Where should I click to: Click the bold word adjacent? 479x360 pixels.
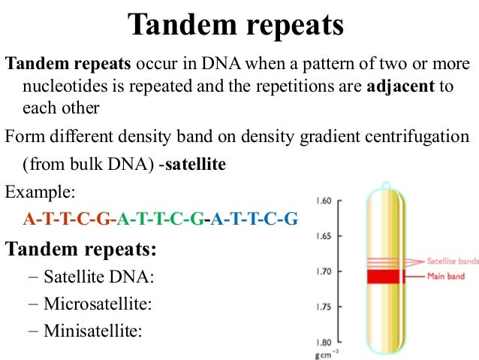[401, 86]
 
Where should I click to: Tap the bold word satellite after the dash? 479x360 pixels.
[195, 164]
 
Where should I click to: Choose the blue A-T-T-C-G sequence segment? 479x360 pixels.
[255, 219]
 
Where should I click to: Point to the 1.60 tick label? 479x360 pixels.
[324, 201]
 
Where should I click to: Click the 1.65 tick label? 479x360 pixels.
[324, 237]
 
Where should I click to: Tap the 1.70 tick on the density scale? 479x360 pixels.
[324, 271]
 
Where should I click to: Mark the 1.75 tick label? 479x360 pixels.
[324, 307]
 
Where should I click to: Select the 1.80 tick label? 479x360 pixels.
[324, 342]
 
